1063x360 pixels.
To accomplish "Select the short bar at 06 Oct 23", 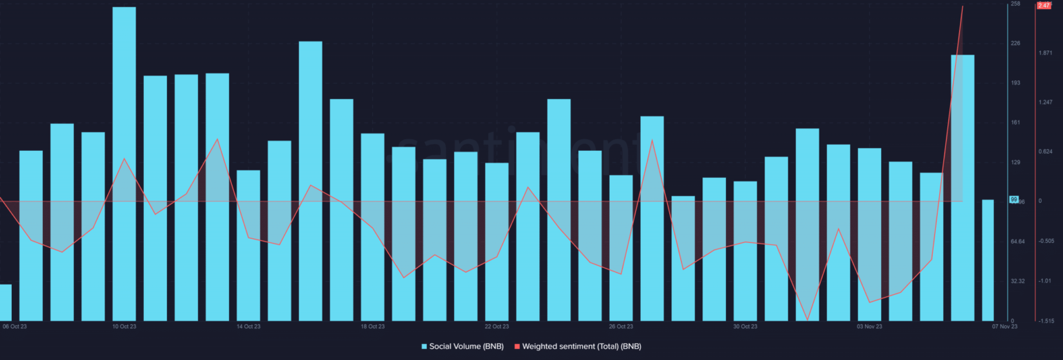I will coord(5,303).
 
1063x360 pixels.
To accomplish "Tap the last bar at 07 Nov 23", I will coord(988,260).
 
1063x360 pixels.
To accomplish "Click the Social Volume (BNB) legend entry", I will coord(462,346).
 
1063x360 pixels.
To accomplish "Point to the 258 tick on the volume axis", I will coord(1015,4).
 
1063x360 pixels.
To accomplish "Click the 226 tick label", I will coord(1015,43).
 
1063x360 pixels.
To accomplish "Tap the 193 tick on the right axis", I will coord(1015,83).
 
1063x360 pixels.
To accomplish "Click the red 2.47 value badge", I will coord(1044,6).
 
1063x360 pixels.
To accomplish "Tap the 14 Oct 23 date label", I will coord(248,326).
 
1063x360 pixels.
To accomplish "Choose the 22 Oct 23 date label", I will coord(497,326).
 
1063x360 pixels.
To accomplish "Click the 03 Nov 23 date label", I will coord(869,326).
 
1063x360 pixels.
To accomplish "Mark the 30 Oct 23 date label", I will coord(745,326).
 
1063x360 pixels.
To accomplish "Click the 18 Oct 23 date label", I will coord(372,326).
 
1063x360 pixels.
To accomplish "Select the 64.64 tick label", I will coord(1017,242).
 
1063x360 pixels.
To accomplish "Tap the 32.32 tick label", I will coord(1017,281).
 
